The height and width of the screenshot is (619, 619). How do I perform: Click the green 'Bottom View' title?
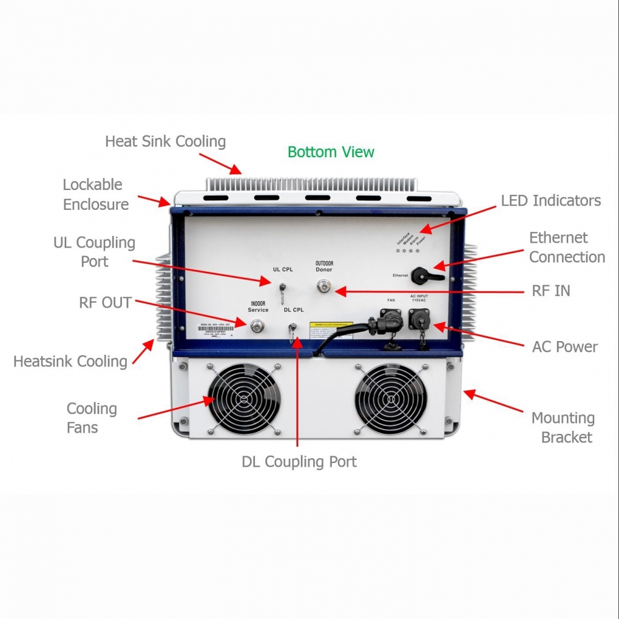(331, 152)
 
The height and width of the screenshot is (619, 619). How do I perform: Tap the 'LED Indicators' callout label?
(550, 201)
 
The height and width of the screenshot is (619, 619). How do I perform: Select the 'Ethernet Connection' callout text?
(566, 247)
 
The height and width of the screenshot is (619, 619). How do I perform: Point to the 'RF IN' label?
(551, 290)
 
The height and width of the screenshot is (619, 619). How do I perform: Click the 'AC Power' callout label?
(565, 347)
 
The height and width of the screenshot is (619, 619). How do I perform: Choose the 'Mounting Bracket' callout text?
(563, 428)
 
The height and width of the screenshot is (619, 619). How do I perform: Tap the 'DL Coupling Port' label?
(299, 462)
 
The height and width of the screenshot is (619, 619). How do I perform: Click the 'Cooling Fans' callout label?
(92, 418)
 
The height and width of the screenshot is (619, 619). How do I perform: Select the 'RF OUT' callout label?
(105, 303)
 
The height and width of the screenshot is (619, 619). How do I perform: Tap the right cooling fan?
(390, 398)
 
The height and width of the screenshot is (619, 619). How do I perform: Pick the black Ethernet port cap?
(425, 275)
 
